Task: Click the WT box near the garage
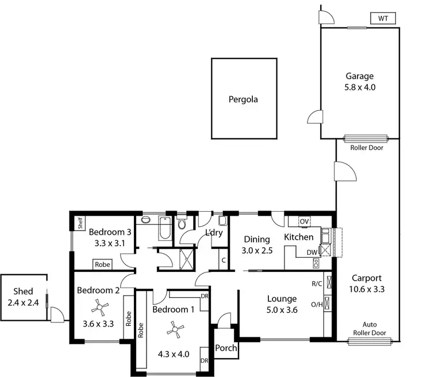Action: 383,18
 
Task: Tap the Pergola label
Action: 243,99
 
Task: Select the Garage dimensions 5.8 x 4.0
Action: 360,88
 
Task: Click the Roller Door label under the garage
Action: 366,147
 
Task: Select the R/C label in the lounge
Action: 316,283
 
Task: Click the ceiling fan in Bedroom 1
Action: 174,329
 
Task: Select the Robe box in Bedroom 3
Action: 103,265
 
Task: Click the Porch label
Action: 225,348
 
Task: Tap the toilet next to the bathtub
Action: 183,224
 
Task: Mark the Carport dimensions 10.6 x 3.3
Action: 366,289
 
